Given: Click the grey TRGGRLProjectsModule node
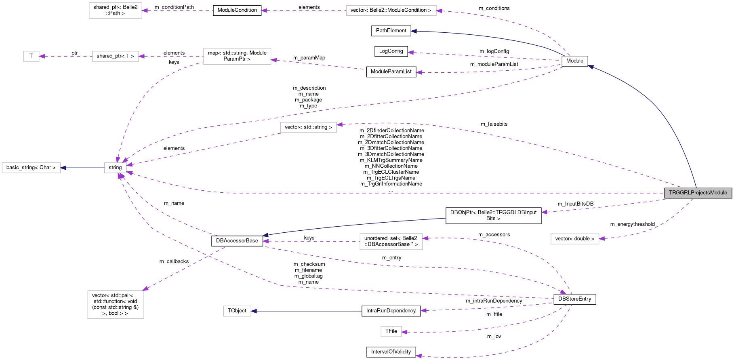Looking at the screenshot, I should (x=698, y=193).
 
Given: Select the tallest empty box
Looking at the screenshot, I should (x=116, y=305).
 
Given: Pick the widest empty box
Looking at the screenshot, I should (x=391, y=11).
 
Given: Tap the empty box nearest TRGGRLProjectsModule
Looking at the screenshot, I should (x=575, y=239).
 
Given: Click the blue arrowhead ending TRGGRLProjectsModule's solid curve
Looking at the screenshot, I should (x=590, y=67).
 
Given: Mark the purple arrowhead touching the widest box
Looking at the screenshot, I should (x=440, y=11).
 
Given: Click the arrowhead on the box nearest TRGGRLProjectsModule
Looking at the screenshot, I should (x=602, y=239).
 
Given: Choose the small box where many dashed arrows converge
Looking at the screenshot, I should (x=116, y=168).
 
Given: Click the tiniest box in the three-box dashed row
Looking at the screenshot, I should (x=31, y=56).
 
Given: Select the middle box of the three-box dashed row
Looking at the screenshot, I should (x=116, y=56).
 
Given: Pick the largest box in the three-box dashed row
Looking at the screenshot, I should (x=237, y=56).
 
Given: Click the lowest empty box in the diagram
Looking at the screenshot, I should (x=391, y=332).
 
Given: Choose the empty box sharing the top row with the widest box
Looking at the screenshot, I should (x=116, y=11).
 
